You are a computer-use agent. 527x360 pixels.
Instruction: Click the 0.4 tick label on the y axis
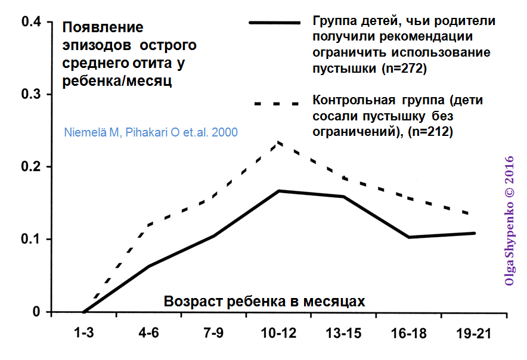30,22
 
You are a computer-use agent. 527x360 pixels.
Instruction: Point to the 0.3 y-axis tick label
30,94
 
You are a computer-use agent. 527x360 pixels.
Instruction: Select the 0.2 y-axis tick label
30,167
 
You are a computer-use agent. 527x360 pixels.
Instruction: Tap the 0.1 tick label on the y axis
30,240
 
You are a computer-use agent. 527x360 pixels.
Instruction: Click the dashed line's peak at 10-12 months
279,142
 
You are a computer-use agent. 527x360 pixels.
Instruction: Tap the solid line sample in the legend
274,23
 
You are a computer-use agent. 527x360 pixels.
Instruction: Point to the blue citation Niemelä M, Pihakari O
150,132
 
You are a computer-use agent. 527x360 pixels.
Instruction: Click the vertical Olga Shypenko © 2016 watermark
509,221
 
